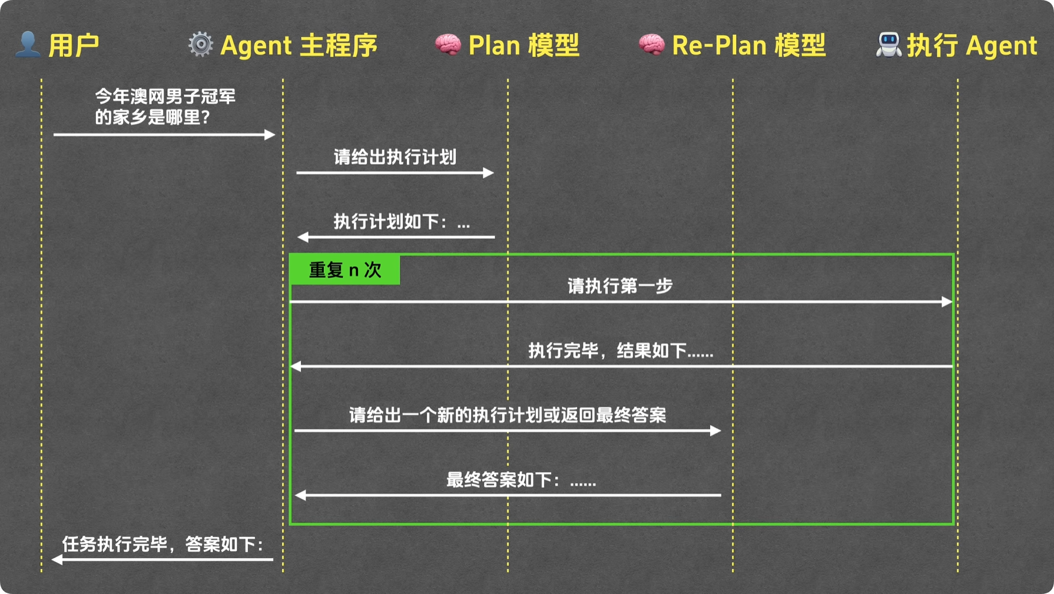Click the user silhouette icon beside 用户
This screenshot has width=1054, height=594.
(x=28, y=45)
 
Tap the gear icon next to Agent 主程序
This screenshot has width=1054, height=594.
(x=201, y=45)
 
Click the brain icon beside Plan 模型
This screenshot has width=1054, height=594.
(x=448, y=45)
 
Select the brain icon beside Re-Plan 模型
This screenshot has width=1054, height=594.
(x=652, y=45)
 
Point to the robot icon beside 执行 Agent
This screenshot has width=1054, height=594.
(x=889, y=45)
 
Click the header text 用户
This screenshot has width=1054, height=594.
(x=74, y=45)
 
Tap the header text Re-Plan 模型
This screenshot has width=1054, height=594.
(x=748, y=45)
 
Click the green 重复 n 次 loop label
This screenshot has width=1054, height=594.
(x=345, y=270)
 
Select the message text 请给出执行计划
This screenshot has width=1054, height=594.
(x=395, y=157)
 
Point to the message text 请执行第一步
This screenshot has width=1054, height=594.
(x=620, y=286)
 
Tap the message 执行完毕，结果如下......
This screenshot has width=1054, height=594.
(x=621, y=351)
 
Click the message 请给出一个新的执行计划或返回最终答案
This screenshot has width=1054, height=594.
(x=508, y=416)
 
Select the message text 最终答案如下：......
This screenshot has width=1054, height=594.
(x=521, y=480)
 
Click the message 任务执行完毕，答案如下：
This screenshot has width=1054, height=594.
(x=163, y=544)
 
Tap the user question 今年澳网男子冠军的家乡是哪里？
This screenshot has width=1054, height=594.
(x=165, y=107)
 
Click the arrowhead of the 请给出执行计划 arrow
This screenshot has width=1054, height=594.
(x=488, y=173)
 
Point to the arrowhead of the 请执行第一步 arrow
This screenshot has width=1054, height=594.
(x=947, y=302)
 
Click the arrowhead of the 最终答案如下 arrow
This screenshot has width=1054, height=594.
(x=300, y=495)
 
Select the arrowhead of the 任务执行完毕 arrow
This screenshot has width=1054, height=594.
(x=58, y=559)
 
